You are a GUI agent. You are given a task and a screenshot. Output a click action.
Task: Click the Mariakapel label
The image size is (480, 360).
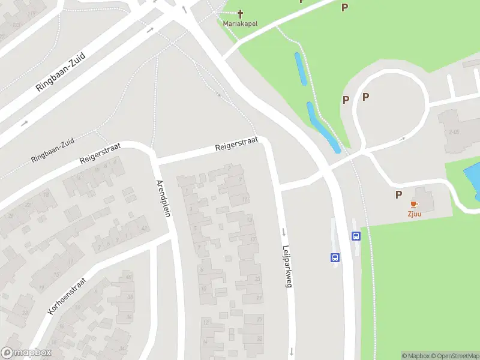(x=240, y=23)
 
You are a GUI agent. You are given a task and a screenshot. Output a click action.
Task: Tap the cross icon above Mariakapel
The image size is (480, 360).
(x=241, y=13)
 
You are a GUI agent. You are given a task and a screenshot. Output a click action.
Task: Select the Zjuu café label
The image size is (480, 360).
(x=414, y=213)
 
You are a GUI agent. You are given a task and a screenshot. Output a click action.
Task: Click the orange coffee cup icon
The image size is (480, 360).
(x=414, y=205)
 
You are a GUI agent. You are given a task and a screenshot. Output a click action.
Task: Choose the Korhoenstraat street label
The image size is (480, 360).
(x=67, y=296)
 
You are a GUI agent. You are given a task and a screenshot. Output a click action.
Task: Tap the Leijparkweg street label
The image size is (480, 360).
(x=287, y=267)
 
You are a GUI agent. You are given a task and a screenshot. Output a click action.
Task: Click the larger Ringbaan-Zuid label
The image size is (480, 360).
(x=61, y=71)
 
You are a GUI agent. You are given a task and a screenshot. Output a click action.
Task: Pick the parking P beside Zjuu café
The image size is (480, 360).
(x=398, y=194)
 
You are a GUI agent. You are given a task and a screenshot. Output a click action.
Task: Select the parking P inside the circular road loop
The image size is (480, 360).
(x=365, y=97)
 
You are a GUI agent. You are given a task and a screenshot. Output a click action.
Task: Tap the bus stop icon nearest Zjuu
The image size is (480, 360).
(x=356, y=236)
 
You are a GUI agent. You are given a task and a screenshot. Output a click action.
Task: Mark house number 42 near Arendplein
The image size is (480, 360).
(x=143, y=228)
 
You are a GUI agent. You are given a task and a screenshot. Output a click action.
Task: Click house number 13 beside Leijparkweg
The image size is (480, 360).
(x=249, y=220)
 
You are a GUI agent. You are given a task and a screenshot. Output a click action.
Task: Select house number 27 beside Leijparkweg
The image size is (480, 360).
(x=259, y=298)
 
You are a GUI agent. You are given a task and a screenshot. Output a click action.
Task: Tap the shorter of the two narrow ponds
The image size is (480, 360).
(x=301, y=68)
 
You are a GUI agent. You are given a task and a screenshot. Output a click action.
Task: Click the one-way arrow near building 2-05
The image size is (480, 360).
(x=402, y=139)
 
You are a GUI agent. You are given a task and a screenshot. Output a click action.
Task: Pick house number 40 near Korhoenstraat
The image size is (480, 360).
(x=129, y=277)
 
